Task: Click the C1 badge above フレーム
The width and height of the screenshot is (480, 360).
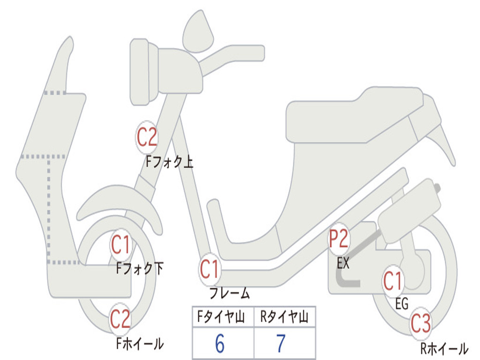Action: coord(210,270)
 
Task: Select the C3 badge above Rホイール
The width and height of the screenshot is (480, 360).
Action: coord(420,324)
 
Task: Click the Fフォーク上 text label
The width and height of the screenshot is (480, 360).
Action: coord(169,162)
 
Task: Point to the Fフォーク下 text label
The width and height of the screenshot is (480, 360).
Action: coord(140,269)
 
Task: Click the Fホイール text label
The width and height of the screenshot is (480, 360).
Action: coord(140,344)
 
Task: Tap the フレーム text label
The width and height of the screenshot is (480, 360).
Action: coord(229,294)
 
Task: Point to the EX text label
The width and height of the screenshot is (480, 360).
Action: coord(343,263)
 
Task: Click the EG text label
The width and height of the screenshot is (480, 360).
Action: coord(402,304)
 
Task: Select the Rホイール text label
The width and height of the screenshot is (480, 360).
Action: coord(444,348)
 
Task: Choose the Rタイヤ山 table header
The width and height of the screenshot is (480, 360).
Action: coord(284,318)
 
